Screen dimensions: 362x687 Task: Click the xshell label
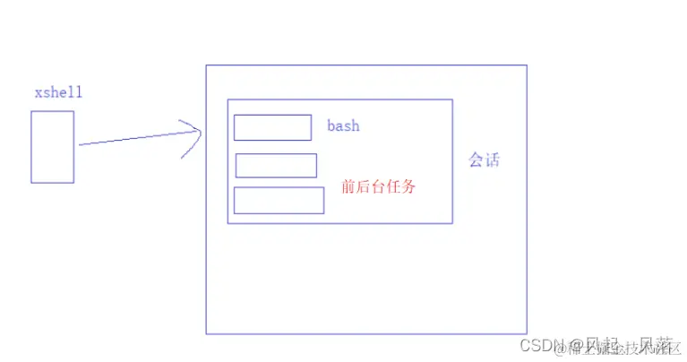coord(59,93)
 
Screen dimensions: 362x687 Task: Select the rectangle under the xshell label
coord(52,147)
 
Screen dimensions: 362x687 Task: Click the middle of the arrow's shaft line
coord(139,138)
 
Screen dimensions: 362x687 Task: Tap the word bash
coord(343,126)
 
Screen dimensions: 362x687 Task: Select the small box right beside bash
coord(272,128)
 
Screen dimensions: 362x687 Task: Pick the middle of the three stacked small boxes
coord(276,166)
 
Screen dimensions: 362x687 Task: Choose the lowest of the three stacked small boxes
coord(279,201)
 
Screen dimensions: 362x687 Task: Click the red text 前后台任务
coord(379,188)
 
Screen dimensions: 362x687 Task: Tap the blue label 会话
coord(484,160)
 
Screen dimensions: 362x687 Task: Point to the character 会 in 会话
coord(476,160)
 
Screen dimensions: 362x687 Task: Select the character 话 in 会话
coord(492,160)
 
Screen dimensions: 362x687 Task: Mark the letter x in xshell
coord(38,93)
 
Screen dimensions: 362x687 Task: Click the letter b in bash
coord(331,126)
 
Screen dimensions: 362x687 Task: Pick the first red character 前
coord(348,188)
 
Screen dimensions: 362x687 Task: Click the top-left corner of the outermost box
coord(206,65)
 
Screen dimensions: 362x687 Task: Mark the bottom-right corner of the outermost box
coord(527,333)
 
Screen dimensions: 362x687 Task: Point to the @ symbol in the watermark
coord(574,346)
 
